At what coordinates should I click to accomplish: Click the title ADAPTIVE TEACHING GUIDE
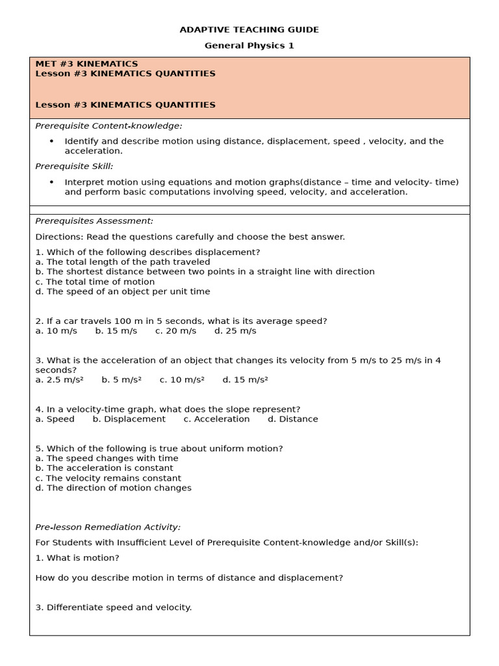click(x=249, y=30)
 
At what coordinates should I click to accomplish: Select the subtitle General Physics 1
click(x=249, y=46)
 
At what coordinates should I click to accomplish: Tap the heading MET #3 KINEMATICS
click(x=86, y=64)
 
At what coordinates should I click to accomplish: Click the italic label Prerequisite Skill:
click(x=74, y=166)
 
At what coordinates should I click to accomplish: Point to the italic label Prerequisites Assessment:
click(x=94, y=221)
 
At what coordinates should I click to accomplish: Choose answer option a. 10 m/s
click(x=56, y=331)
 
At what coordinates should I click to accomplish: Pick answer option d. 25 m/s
click(x=235, y=331)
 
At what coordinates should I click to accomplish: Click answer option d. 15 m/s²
click(x=245, y=380)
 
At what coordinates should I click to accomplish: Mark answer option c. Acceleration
click(x=216, y=420)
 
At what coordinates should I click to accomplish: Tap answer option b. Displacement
click(x=129, y=420)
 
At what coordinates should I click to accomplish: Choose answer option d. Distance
click(x=293, y=420)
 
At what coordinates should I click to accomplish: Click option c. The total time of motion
click(x=95, y=282)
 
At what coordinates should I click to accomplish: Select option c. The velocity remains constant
click(x=108, y=478)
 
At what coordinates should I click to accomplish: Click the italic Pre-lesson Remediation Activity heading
click(x=108, y=527)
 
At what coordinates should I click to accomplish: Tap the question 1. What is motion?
click(x=77, y=558)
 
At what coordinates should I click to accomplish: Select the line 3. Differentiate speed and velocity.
click(x=114, y=607)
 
